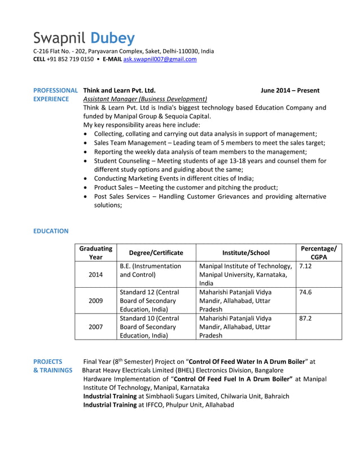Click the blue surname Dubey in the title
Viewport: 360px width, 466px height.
click(x=113, y=38)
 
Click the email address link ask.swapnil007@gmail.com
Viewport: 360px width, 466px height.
click(x=160, y=59)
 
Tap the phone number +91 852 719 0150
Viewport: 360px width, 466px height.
click(x=71, y=59)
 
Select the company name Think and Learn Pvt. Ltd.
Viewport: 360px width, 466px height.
click(x=119, y=90)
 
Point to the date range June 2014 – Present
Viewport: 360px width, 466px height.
click(x=290, y=90)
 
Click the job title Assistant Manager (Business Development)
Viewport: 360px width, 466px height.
click(x=145, y=99)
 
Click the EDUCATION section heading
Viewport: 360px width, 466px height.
click(x=51, y=231)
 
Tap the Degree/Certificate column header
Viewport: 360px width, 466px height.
click(x=156, y=253)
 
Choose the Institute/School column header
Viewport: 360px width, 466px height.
click(x=246, y=253)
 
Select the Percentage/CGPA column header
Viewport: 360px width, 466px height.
click(x=319, y=253)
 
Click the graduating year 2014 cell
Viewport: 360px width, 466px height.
click(x=96, y=274)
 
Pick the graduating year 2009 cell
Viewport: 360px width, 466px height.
click(x=96, y=301)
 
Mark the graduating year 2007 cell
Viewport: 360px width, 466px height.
click(x=96, y=327)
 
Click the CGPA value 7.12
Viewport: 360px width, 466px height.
click(x=306, y=266)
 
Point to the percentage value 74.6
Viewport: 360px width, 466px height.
click(x=306, y=292)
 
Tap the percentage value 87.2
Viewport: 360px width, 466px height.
click(x=306, y=318)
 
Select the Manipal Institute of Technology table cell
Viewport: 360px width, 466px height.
click(x=245, y=274)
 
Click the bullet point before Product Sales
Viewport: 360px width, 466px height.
click(x=85, y=187)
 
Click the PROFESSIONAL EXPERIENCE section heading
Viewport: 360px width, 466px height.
click(x=55, y=95)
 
